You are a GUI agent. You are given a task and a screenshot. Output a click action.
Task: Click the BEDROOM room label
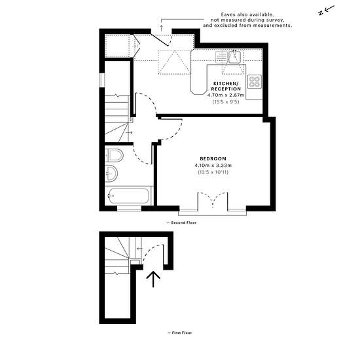click(x=213, y=158)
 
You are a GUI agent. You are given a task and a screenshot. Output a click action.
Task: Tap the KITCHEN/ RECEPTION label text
click(x=226, y=86)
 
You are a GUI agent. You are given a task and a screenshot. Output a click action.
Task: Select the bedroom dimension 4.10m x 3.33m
click(x=213, y=166)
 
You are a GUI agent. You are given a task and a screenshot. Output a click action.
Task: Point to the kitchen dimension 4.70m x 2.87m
click(x=226, y=95)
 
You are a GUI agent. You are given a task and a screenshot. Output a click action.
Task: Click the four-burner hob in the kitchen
click(x=255, y=82)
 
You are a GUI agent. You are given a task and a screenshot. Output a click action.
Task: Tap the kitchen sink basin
click(x=234, y=56)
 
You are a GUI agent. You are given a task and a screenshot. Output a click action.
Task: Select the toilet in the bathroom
click(x=114, y=155)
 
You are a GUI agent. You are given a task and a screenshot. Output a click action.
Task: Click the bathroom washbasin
click(x=111, y=173)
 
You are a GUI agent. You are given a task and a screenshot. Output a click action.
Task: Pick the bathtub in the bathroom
click(x=129, y=196)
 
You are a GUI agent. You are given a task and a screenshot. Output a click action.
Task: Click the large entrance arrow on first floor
click(x=153, y=279)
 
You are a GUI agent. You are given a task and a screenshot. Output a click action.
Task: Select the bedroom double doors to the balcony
click(x=213, y=200)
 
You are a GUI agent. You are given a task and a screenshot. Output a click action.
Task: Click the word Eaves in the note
click(x=228, y=14)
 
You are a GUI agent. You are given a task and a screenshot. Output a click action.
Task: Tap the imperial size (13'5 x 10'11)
click(x=213, y=172)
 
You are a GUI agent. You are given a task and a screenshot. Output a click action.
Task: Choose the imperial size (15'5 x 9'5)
click(x=226, y=101)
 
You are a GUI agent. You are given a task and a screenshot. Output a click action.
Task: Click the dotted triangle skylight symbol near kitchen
click(x=175, y=62)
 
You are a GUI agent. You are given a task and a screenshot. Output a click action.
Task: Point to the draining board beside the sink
click(x=221, y=57)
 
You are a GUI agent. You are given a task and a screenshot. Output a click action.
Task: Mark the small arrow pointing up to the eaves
click(x=162, y=28)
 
